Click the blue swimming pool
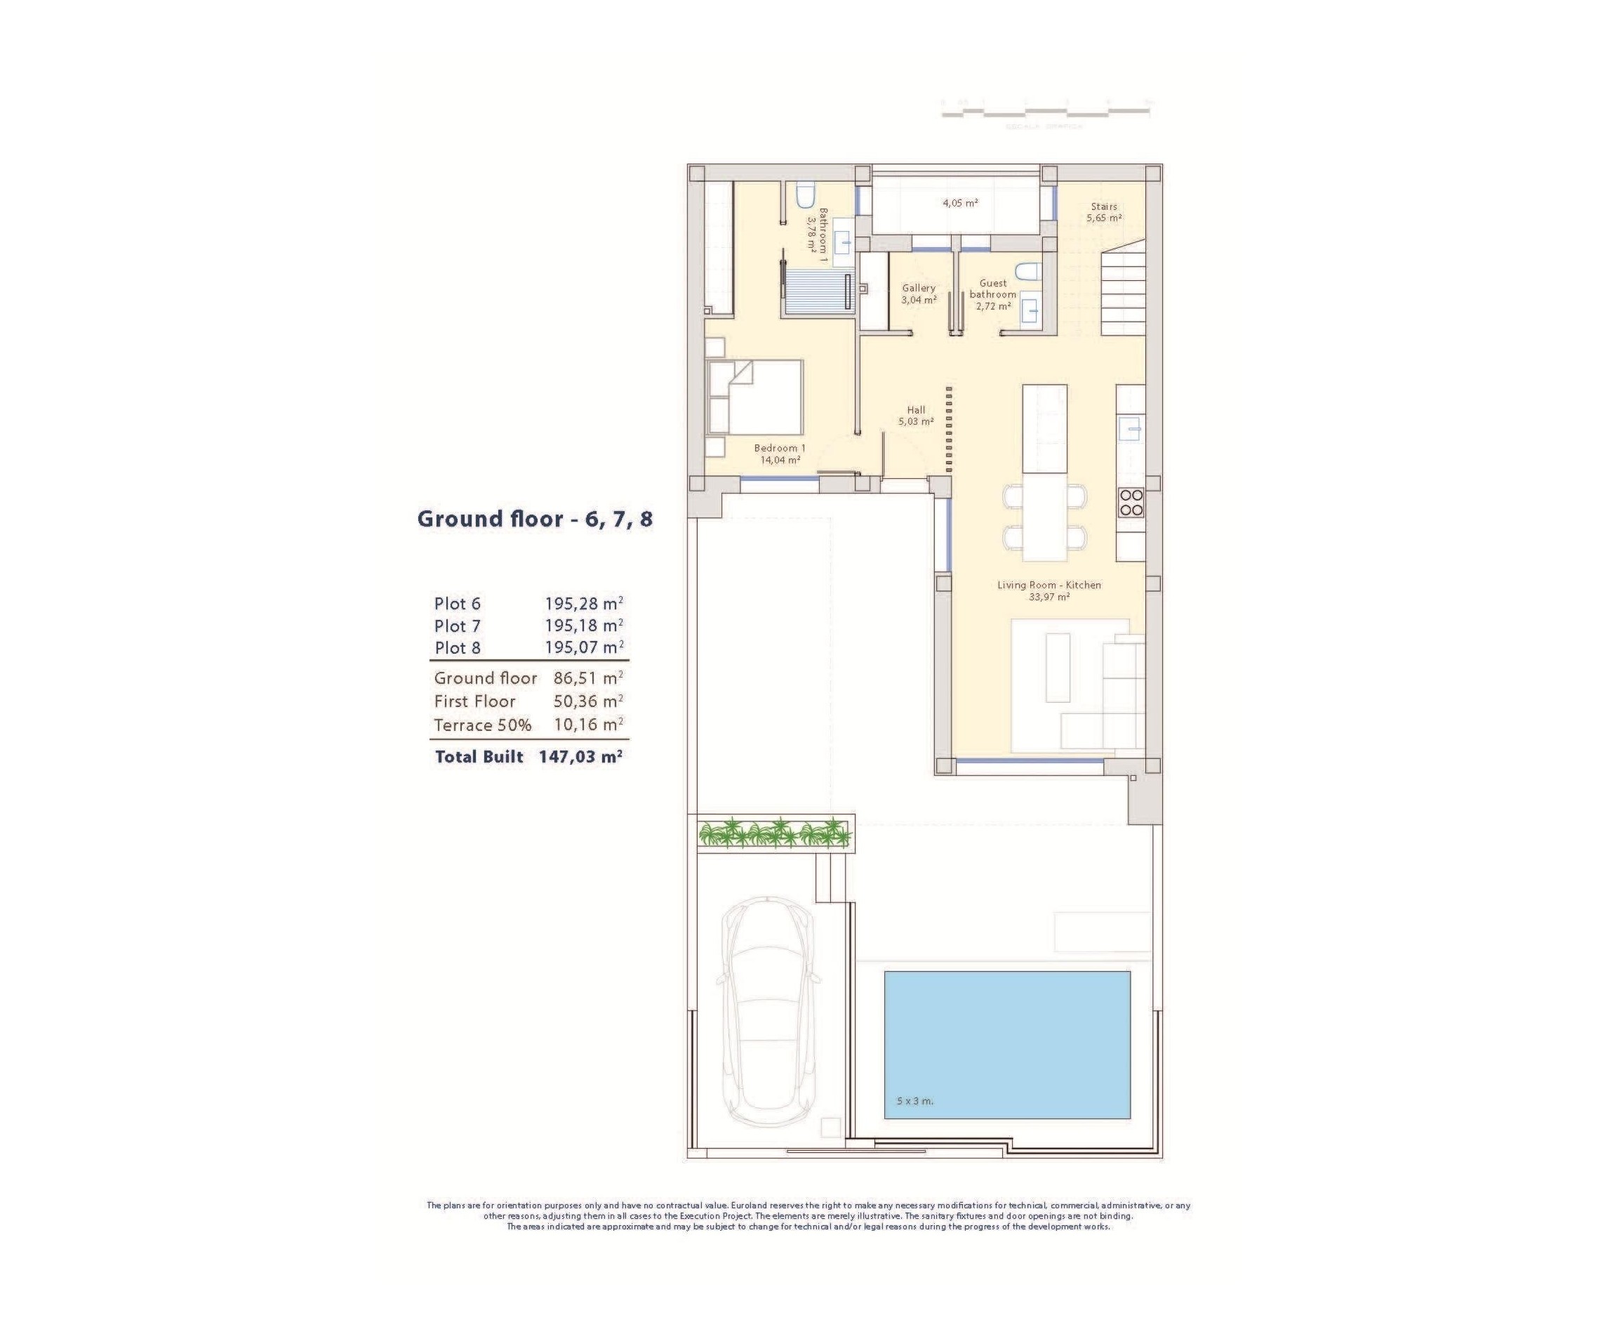tap(1006, 1043)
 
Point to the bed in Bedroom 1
tap(754, 397)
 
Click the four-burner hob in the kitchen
tap(1131, 503)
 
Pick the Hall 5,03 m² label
tap(916, 416)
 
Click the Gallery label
tap(919, 288)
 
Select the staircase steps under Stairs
tap(1122, 296)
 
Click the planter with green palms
tap(773, 833)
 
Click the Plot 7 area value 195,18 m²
tap(583, 626)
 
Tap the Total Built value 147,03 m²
tap(580, 756)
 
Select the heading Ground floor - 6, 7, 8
tap(535, 519)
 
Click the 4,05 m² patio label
tap(959, 204)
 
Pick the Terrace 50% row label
tap(482, 725)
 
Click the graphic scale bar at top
tap(1045, 112)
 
